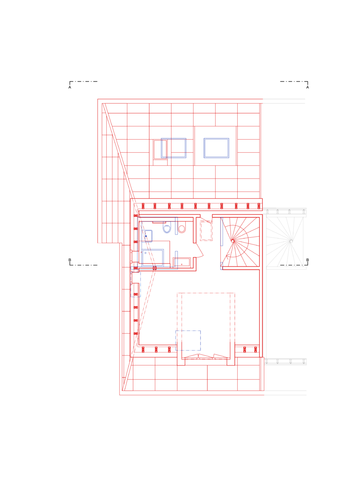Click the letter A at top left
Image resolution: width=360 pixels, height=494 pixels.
[70, 87]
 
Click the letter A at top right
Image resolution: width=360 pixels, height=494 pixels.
[308, 87]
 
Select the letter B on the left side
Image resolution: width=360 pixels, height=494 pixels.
[70, 260]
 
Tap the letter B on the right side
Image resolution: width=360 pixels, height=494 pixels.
[308, 260]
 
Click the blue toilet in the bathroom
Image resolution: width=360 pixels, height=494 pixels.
[167, 228]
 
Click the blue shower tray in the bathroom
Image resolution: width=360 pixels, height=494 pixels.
[153, 258]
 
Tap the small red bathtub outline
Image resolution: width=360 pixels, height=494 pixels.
[181, 262]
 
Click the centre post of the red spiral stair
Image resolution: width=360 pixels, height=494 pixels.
[233, 241]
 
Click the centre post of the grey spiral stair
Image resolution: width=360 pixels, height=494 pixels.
[291, 241]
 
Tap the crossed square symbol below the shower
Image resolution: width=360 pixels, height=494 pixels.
[155, 268]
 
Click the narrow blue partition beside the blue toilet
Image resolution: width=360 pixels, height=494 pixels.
[176, 226]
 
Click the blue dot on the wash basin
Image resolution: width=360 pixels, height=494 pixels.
[146, 236]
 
